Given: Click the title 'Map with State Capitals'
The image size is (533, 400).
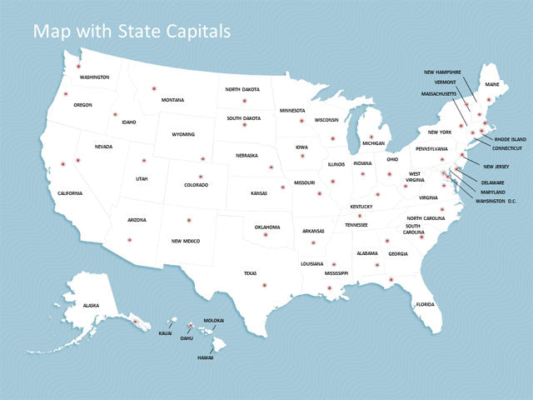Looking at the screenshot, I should [x=132, y=32].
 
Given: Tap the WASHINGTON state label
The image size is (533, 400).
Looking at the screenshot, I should [x=94, y=77].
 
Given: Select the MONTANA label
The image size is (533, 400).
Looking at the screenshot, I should [x=172, y=100].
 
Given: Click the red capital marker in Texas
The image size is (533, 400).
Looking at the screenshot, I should [x=265, y=286].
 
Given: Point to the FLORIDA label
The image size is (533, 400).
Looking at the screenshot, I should [x=425, y=304].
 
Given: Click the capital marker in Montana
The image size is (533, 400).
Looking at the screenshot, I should [x=153, y=88].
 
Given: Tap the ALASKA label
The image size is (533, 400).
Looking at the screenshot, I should [x=91, y=306].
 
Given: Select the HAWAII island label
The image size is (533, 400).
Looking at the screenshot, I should [x=205, y=357].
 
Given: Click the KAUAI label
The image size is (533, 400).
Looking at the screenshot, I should [x=165, y=333].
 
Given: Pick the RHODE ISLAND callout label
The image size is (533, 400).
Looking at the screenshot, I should [x=511, y=139].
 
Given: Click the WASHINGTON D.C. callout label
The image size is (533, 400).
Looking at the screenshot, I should [x=496, y=201].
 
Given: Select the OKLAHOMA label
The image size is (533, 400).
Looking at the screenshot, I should [x=267, y=227].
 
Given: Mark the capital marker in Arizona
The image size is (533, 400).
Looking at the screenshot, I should [x=129, y=240].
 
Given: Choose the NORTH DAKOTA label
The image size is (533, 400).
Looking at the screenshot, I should [x=242, y=89].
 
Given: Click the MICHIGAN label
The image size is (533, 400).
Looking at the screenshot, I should [x=373, y=143].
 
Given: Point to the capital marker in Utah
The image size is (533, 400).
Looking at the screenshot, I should [x=143, y=161].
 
